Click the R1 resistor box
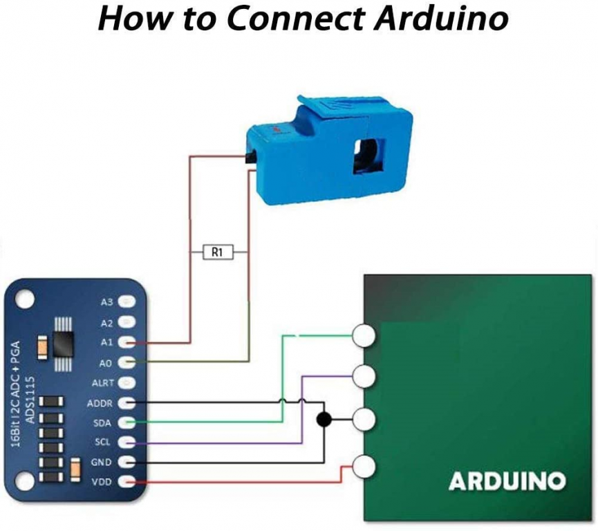[217, 253]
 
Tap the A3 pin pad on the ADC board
[127, 302]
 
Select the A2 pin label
[106, 323]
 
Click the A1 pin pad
[127, 342]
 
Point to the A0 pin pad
[127, 362]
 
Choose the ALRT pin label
[103, 382]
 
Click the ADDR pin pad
[127, 402]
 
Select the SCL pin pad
[127, 441]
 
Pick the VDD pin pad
[127, 481]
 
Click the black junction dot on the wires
[323, 420]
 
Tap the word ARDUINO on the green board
[507, 481]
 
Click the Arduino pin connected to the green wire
[364, 336]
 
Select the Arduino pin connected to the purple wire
[364, 377]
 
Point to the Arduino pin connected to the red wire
[364, 467]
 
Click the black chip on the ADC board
[63, 336]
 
